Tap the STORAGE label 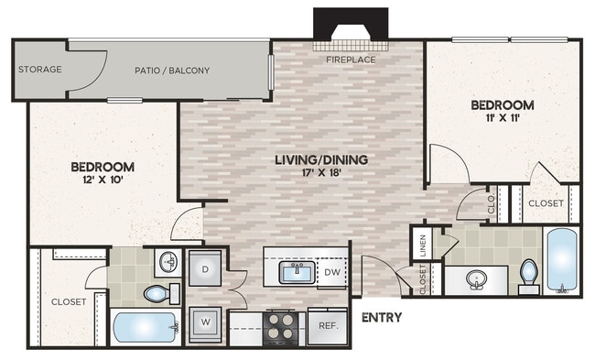click(x=40, y=70)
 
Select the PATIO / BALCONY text click(x=171, y=71)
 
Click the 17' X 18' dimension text click(x=320, y=173)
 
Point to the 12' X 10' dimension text click(x=103, y=180)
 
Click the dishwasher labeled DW click(x=332, y=272)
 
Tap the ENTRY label click(x=382, y=318)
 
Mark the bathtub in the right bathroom click(x=560, y=260)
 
